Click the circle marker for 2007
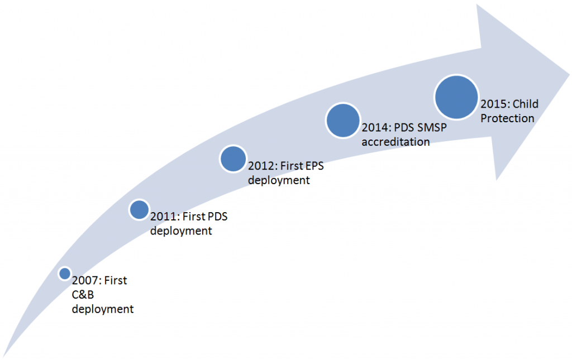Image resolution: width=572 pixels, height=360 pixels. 65,273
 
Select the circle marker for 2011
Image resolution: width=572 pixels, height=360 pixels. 139,210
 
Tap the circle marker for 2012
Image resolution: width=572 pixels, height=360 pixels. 233,159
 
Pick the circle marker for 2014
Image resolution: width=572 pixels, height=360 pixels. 343,121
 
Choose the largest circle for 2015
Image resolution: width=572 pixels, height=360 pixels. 456,97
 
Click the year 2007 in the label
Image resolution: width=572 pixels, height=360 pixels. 86,281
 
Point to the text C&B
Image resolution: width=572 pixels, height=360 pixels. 83,294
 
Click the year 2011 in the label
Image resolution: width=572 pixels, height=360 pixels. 165,217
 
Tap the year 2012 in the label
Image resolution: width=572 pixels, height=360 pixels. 263,166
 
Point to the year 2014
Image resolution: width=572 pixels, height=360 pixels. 376,127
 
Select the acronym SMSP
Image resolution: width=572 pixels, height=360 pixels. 432,127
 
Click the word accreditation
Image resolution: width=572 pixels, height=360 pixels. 396,142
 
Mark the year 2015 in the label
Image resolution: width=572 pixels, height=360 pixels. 495,104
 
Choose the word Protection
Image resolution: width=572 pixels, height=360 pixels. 507,118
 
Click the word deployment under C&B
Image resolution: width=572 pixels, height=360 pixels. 103,309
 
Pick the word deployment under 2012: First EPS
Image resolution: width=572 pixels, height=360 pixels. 279,180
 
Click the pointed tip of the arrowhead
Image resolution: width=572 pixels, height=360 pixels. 569,76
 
